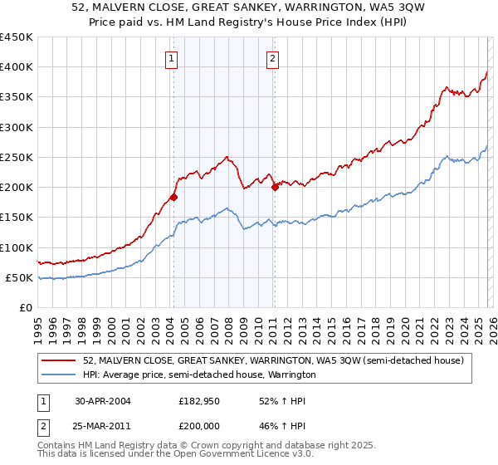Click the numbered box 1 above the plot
click(170, 58)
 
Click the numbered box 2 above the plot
click(272, 58)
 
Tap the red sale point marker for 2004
click(173, 198)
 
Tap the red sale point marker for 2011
click(275, 187)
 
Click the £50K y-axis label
click(19, 277)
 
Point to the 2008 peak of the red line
click(227, 156)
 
